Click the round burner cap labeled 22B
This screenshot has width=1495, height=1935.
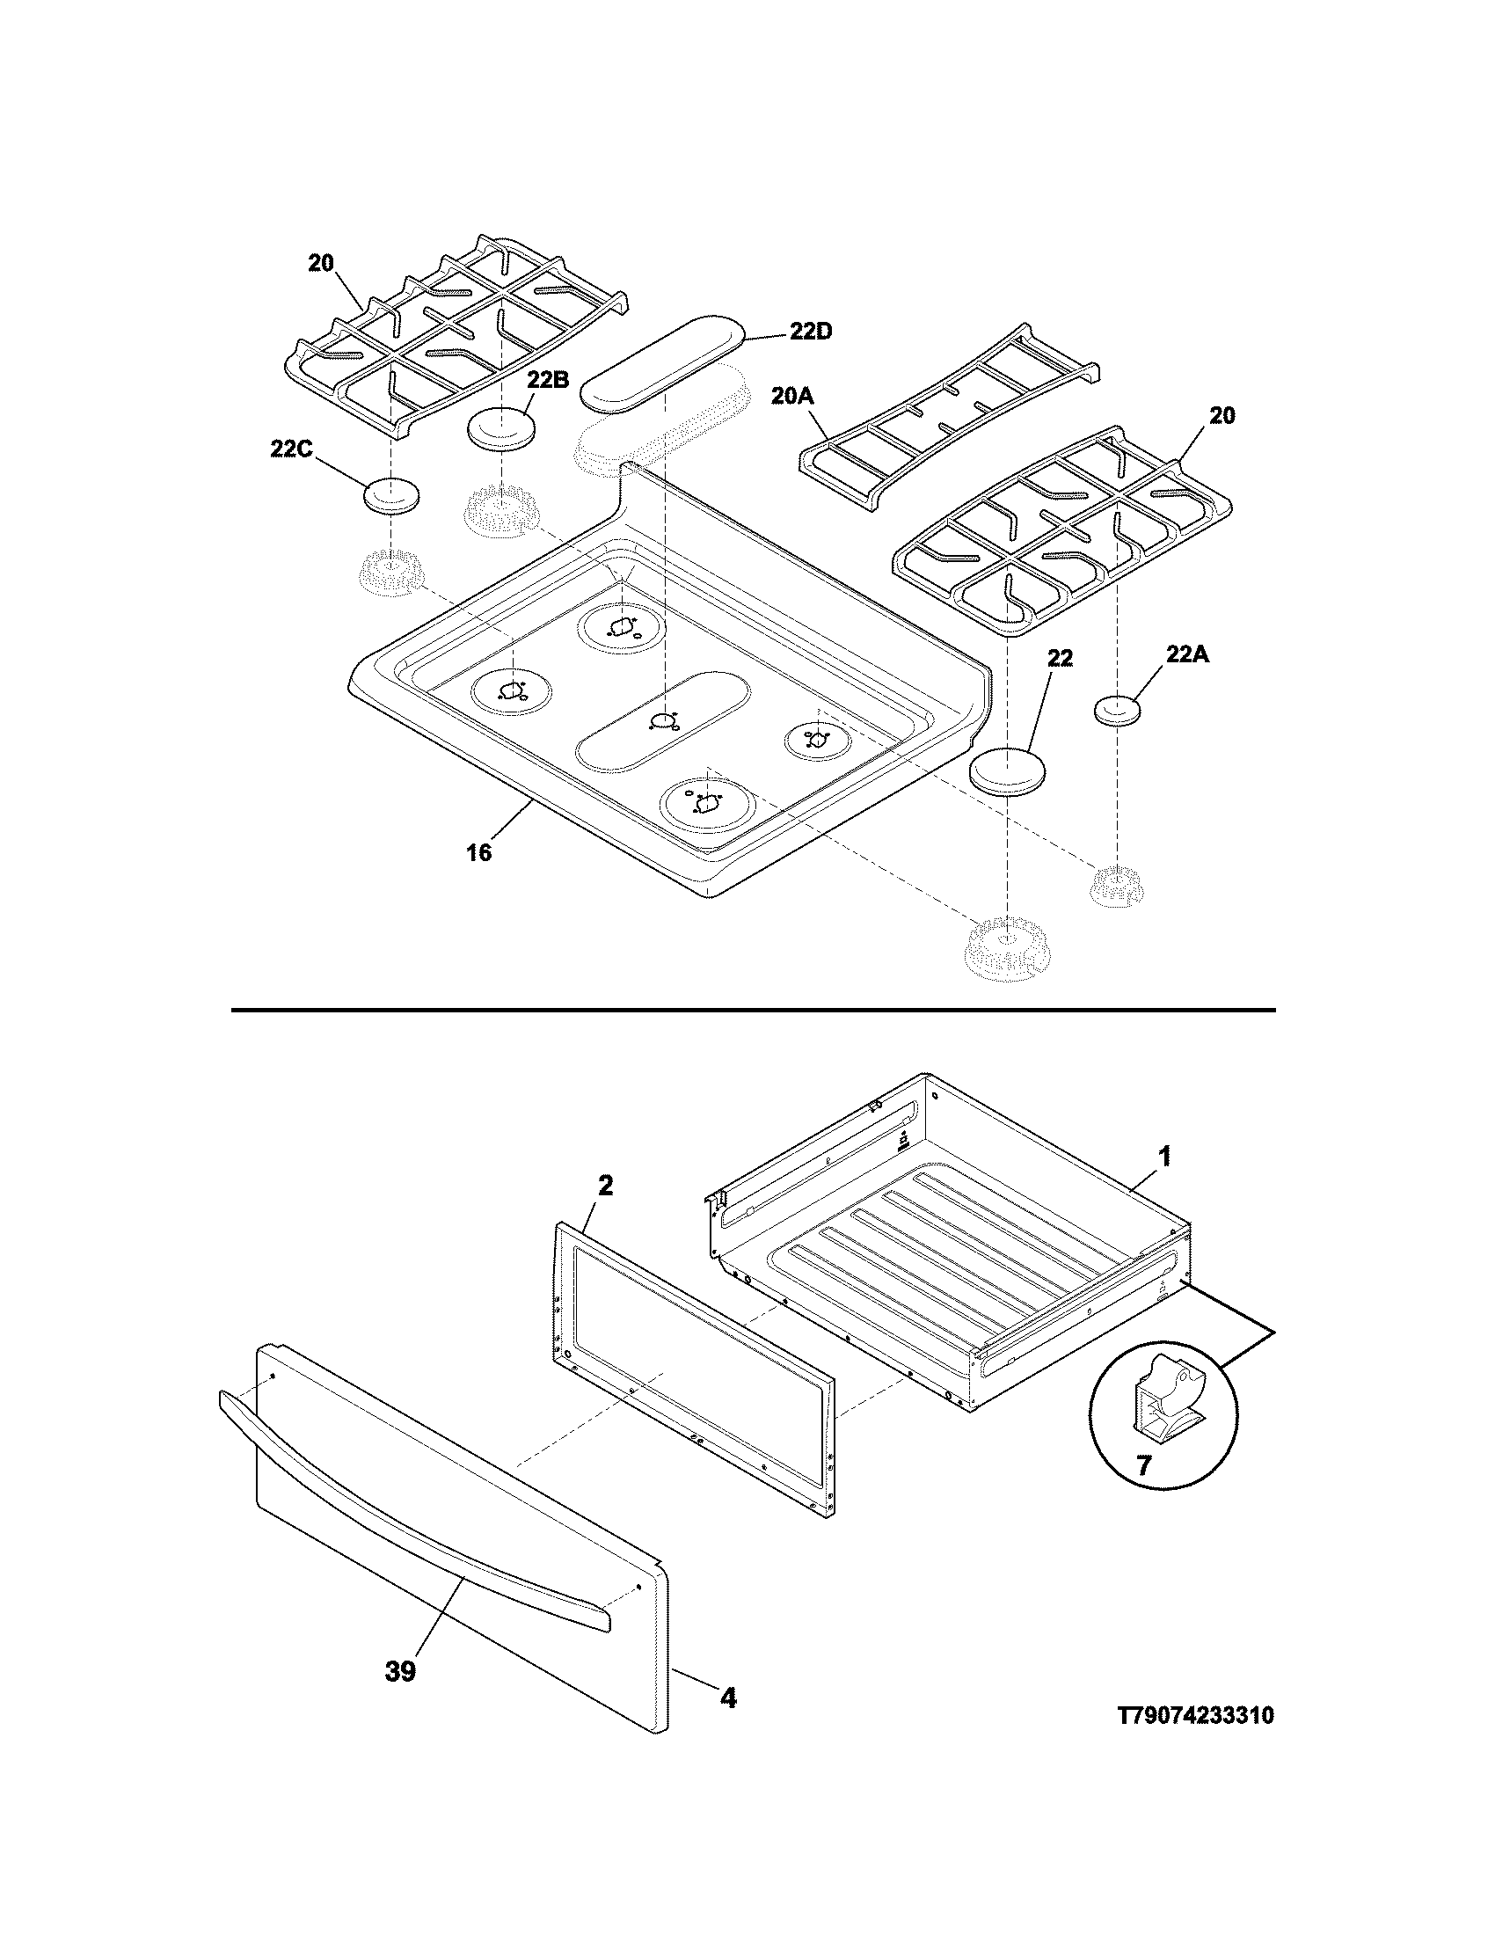(x=502, y=431)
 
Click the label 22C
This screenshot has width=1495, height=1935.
(x=292, y=449)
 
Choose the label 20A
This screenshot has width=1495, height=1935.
(x=791, y=396)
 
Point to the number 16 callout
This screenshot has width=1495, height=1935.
(x=478, y=853)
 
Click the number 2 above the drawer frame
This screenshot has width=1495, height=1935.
(x=605, y=1186)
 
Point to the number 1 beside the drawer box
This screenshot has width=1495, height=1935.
(x=1165, y=1156)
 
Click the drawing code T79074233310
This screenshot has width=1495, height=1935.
(x=1196, y=1741)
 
